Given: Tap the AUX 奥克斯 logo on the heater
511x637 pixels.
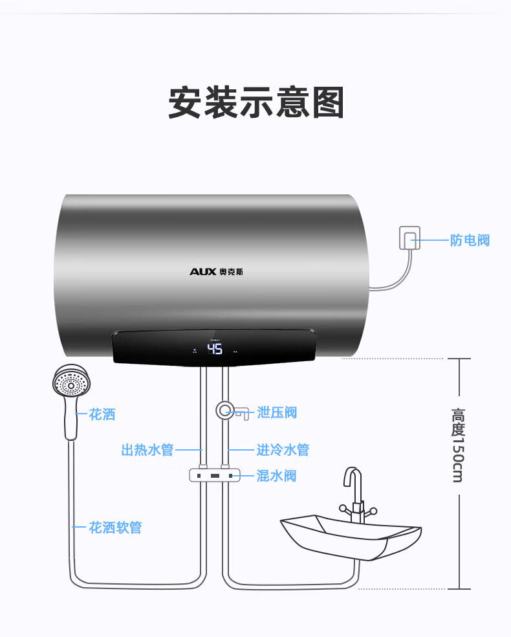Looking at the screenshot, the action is [x=216, y=271].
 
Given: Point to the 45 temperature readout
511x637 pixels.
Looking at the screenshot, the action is [x=215, y=350].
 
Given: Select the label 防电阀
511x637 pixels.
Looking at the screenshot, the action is [x=470, y=241].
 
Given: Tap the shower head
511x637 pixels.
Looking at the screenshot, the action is [x=71, y=382].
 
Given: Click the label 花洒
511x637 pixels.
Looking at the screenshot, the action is [x=102, y=414].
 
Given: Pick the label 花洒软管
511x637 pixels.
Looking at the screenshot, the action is [x=115, y=528].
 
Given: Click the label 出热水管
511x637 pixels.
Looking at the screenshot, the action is [x=147, y=450].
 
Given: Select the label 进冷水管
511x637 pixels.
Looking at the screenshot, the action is [x=283, y=450].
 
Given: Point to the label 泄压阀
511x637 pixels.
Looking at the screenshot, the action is [x=277, y=412].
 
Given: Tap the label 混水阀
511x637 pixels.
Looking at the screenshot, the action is [x=276, y=476].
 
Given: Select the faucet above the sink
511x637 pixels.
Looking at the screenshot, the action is [x=353, y=492].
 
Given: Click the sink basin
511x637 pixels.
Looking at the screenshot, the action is [x=349, y=534].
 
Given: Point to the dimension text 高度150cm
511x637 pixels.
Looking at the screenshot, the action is [x=458, y=445].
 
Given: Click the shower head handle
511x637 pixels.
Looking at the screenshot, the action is [x=71, y=421].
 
